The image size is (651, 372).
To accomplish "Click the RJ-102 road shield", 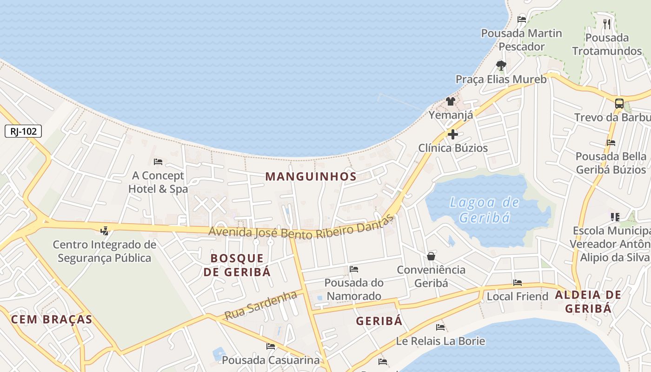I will tap(23, 132).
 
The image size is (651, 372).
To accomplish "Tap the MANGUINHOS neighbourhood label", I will tap(311, 177).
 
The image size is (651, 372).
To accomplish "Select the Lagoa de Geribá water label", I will tap(484, 210).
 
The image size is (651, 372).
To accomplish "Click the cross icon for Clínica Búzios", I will tap(452, 135).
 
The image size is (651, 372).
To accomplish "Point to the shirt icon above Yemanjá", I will tap(450, 101).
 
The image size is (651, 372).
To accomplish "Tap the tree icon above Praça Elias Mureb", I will tap(501, 65).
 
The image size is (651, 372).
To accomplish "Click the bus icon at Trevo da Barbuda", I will tap(619, 104).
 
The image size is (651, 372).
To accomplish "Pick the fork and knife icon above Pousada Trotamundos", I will tap(606, 24).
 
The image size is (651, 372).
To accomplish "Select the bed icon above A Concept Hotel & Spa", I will tap(158, 162).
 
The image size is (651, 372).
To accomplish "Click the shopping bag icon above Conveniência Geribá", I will tap(431, 256).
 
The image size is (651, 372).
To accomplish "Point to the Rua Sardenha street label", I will tap(260, 305).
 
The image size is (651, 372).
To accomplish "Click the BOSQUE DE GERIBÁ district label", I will tap(237, 265).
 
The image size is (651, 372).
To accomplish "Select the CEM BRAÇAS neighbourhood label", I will tap(52, 319).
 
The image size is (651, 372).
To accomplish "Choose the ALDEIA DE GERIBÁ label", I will tap(588, 302).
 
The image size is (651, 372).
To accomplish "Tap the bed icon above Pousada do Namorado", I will tap(354, 269).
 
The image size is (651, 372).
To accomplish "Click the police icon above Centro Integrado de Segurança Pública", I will tap(104, 231).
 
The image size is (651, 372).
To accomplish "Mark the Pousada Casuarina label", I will tap(271, 360).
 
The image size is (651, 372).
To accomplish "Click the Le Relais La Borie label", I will tap(440, 341).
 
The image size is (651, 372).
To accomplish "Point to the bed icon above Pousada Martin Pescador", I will tap(522, 20).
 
